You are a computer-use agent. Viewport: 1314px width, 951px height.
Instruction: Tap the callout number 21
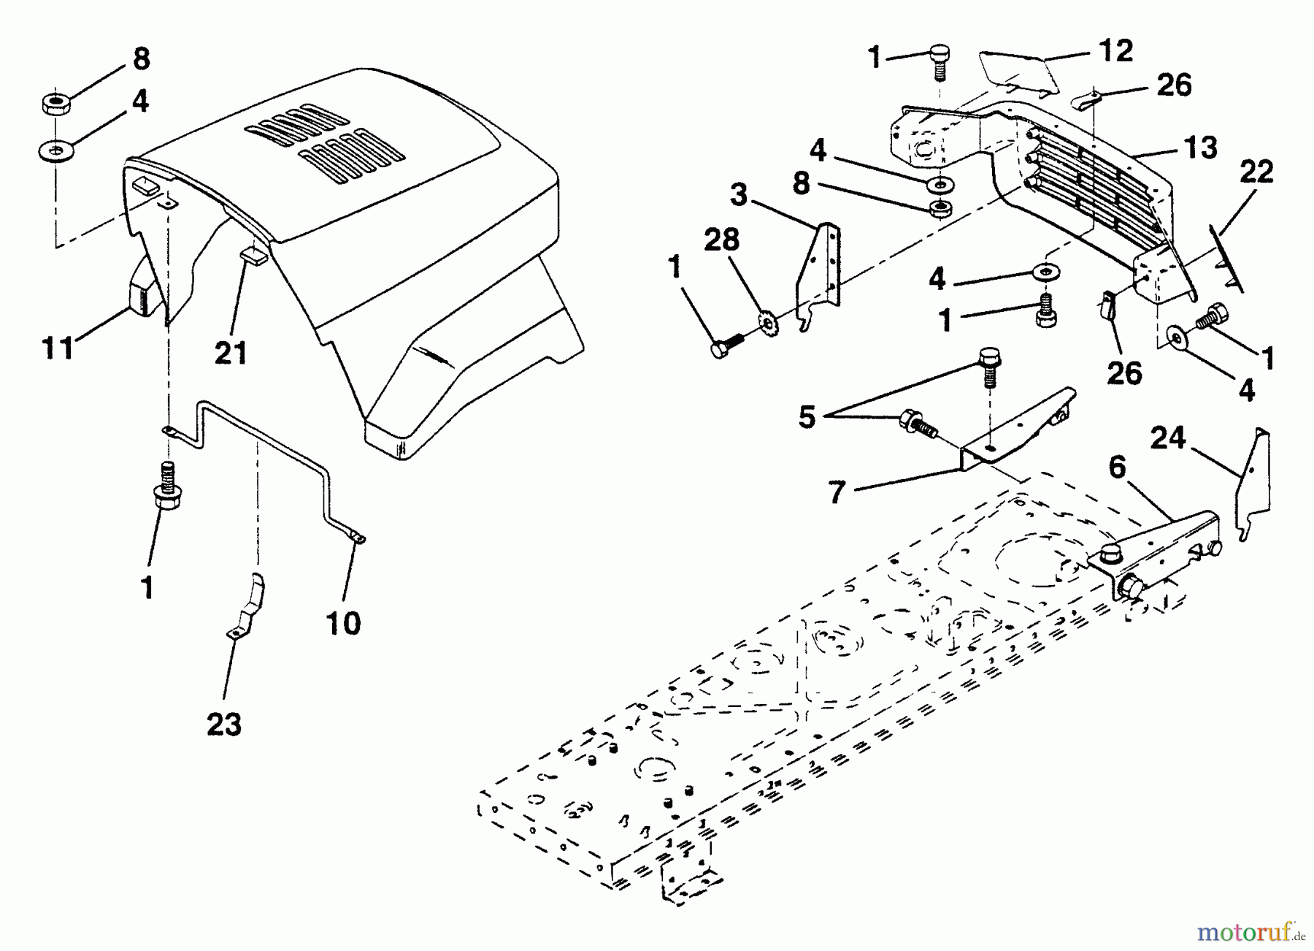point(231,353)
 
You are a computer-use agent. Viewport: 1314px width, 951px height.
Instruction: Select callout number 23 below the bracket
point(224,725)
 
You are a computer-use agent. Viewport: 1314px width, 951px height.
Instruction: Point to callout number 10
point(343,623)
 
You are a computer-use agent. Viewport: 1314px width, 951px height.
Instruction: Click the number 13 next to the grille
point(1200,148)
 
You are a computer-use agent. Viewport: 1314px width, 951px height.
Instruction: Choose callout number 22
point(1256,172)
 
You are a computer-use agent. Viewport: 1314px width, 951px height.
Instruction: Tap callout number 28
point(722,240)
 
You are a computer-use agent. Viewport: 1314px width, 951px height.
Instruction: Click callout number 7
point(837,492)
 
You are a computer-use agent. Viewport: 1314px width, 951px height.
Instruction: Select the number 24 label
point(1169,439)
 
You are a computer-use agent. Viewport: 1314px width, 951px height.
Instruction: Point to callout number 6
point(1118,467)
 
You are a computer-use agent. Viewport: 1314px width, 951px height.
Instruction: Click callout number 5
point(807,417)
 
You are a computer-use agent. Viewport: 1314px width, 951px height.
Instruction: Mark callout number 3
point(739,195)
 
